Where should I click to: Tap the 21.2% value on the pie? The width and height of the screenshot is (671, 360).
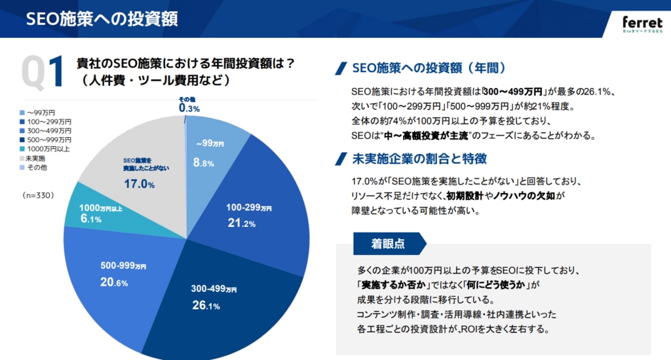(x=242, y=222)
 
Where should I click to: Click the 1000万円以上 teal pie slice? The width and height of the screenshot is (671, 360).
(x=92, y=213)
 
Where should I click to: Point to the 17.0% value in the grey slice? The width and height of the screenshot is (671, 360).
(x=139, y=185)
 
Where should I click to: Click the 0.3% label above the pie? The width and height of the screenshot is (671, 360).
(x=189, y=109)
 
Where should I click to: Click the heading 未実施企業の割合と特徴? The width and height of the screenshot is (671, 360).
(x=419, y=159)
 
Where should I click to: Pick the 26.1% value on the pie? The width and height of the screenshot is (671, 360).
(x=204, y=306)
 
